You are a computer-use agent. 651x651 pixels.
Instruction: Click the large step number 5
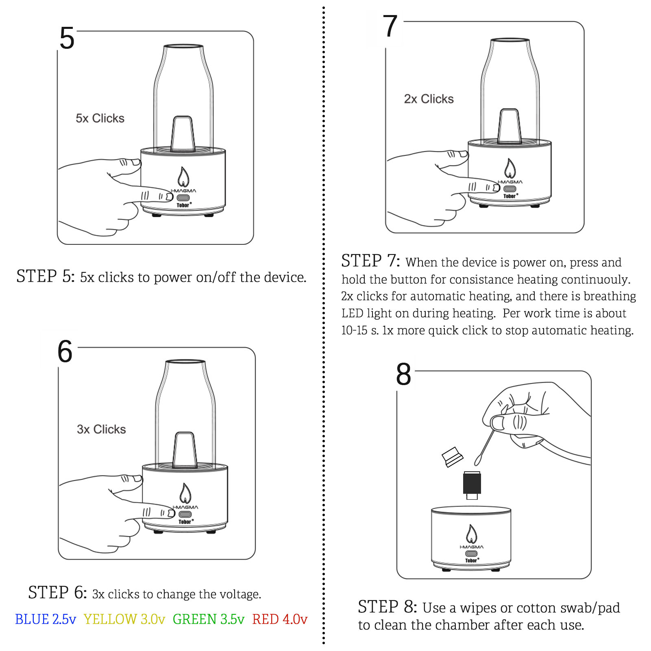(x=67, y=38)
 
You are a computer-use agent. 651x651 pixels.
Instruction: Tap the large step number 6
(x=65, y=351)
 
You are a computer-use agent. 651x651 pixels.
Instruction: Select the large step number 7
(x=390, y=26)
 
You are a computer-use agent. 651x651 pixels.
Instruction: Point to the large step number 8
(x=403, y=374)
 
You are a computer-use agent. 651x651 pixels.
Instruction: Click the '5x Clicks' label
(x=100, y=118)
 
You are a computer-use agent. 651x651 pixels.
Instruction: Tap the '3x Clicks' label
(x=101, y=429)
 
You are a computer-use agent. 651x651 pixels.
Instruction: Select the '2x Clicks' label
(x=429, y=99)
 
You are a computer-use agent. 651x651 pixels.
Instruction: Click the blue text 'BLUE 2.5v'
(x=46, y=619)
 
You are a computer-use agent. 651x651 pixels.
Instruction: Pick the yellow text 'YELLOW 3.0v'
(x=124, y=619)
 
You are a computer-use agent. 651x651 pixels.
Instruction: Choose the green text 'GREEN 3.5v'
(x=209, y=619)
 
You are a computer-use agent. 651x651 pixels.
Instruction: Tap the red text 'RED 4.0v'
(x=280, y=619)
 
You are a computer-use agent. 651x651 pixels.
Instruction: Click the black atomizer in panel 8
(x=472, y=483)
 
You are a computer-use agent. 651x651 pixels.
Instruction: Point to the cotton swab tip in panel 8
(x=478, y=460)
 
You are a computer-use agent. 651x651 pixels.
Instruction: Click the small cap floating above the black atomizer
(x=452, y=457)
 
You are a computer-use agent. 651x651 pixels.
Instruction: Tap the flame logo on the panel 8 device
(x=471, y=534)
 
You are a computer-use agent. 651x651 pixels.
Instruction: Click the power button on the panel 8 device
(x=471, y=553)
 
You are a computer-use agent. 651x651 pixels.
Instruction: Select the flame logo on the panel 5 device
(x=183, y=177)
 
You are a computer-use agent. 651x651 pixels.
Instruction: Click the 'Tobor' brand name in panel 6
(x=185, y=522)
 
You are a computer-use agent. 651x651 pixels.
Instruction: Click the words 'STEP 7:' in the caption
(x=370, y=261)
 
